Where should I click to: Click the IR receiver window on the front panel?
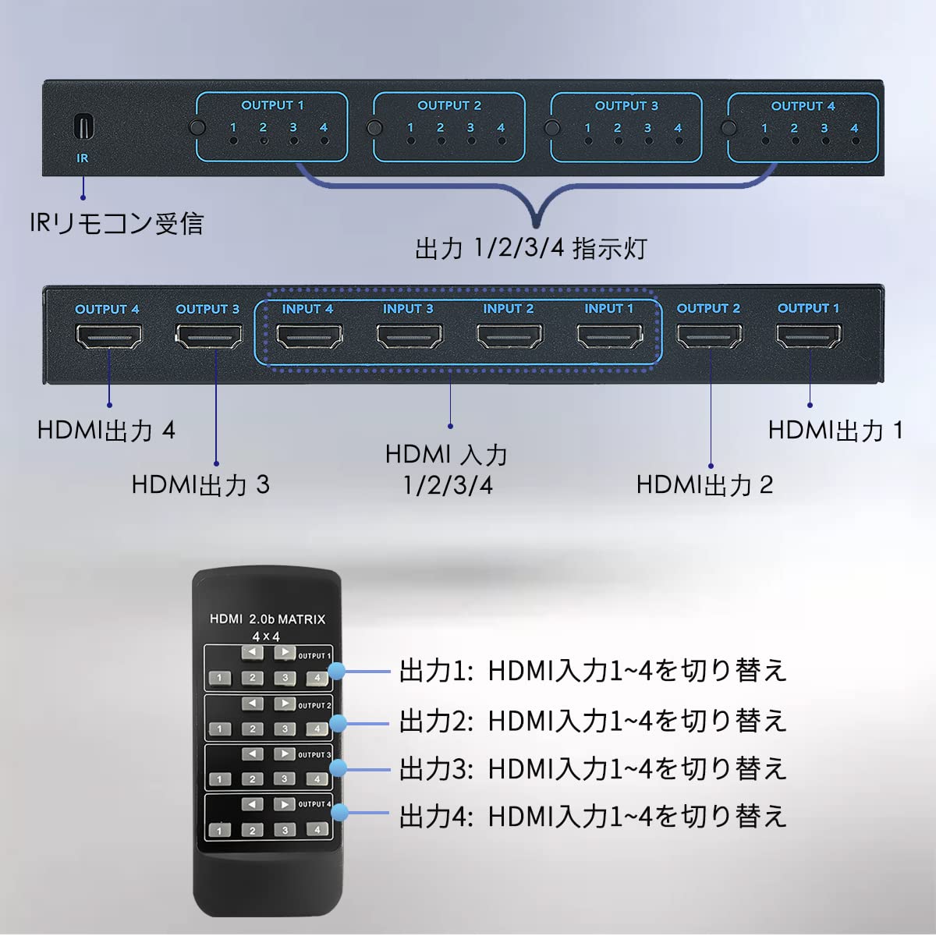click(x=83, y=126)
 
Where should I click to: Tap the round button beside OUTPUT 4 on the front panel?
click(x=729, y=129)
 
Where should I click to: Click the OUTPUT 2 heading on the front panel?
click(x=449, y=105)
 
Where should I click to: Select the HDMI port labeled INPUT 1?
click(x=609, y=336)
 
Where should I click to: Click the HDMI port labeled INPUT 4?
click(x=309, y=336)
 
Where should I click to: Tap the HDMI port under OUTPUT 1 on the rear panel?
click(x=809, y=336)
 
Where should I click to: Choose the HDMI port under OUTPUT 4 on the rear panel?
click(x=108, y=336)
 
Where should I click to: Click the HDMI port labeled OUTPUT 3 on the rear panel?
click(x=208, y=336)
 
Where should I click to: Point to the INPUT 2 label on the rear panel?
click(x=508, y=309)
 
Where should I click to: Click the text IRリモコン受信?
click(x=116, y=224)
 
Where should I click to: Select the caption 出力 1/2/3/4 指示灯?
click(x=530, y=249)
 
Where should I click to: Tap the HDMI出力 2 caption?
click(x=704, y=484)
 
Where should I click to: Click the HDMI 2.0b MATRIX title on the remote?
click(x=268, y=619)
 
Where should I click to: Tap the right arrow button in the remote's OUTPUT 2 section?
click(x=284, y=704)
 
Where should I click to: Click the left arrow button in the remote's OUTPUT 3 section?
click(x=252, y=754)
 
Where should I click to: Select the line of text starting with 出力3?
click(x=593, y=769)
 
